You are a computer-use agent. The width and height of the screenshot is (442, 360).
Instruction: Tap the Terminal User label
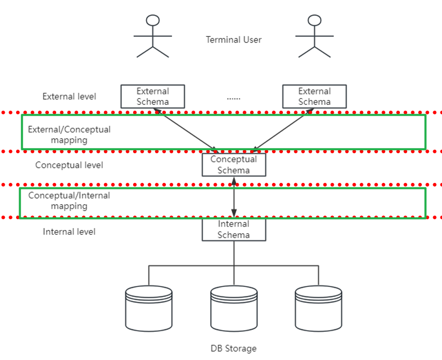tap(233, 39)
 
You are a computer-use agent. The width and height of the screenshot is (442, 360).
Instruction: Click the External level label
tap(69, 97)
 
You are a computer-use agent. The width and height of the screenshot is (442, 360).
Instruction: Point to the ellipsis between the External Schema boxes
tap(233, 99)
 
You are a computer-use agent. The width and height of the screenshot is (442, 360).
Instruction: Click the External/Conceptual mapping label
tap(69, 135)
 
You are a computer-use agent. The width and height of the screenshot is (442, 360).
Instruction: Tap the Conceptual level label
tap(69, 165)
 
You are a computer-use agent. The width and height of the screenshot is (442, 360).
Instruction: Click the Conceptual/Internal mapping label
tap(69, 201)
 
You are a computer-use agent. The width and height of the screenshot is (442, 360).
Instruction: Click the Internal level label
tap(69, 232)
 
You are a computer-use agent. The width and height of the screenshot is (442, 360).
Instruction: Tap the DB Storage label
tap(233, 349)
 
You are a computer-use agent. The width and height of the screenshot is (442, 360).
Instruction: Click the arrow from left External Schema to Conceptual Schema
tap(186, 131)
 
